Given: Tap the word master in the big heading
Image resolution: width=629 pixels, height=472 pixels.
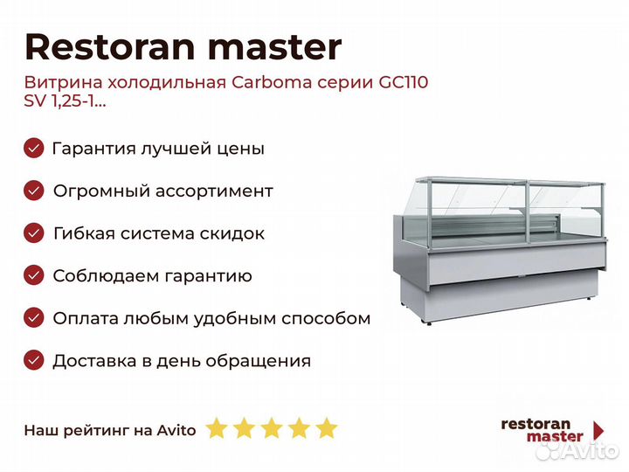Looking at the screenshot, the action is click(x=275, y=48).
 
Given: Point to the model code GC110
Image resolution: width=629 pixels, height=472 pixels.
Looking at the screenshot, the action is click(x=403, y=82).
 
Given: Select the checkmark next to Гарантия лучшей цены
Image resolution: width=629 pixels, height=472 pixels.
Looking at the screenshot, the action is click(x=34, y=148).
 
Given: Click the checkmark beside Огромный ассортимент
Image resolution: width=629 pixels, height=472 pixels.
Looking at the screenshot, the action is click(x=34, y=191).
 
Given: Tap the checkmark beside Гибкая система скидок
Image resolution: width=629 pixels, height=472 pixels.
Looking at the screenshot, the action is click(x=34, y=233).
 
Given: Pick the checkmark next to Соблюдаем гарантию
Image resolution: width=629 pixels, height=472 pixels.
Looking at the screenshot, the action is click(x=34, y=275).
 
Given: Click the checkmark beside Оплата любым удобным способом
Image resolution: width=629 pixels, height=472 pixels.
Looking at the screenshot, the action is click(x=34, y=318).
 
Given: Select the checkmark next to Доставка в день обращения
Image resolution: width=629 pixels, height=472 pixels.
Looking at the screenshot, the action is click(x=34, y=360).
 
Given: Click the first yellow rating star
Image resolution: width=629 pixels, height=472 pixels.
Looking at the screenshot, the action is click(x=217, y=427).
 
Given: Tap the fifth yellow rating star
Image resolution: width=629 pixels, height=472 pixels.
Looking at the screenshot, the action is click(x=327, y=427).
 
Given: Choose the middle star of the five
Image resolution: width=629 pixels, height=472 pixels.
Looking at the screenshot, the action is click(x=272, y=427).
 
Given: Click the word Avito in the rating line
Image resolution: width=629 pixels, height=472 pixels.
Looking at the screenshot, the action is click(x=176, y=430).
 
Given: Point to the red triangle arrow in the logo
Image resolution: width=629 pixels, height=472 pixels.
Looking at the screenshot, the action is click(x=598, y=431).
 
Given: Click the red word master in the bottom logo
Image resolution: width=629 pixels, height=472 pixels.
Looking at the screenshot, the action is click(x=555, y=437).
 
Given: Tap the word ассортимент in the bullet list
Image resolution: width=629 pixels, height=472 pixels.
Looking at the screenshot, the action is click(x=214, y=191).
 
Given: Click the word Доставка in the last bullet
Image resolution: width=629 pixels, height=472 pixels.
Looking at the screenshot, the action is click(x=94, y=361).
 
